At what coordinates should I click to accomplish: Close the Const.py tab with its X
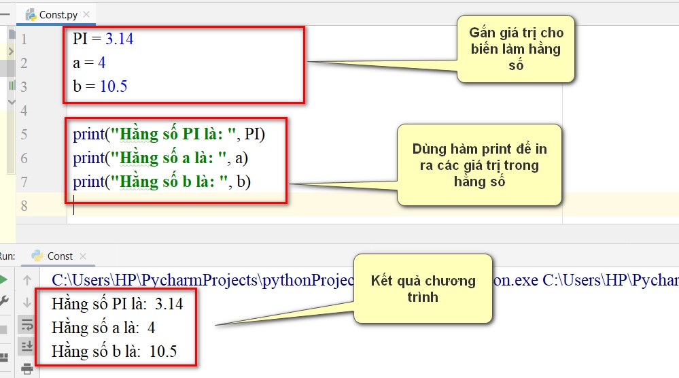[x=86, y=14]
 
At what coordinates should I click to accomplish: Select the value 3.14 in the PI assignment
[x=120, y=39]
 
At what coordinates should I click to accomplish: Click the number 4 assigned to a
[x=102, y=63]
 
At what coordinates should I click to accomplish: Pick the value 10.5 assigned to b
[x=114, y=86]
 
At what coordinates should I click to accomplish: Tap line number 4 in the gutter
[x=24, y=110]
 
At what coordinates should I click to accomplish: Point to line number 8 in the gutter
[x=24, y=206]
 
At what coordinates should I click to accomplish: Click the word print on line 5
[x=89, y=135]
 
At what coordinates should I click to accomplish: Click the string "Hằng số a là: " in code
[x=169, y=158]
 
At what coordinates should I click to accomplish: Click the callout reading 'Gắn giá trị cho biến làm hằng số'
[x=516, y=49]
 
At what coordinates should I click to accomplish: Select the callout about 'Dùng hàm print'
[x=479, y=165]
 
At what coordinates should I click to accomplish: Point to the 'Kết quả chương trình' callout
[x=423, y=289]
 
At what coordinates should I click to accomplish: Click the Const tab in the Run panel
[x=60, y=256]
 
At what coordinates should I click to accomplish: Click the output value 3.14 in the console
[x=169, y=304]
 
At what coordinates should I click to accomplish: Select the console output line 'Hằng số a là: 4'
[x=103, y=328]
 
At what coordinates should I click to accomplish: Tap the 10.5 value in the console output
[x=163, y=351]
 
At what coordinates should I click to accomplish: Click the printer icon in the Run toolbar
[x=27, y=368]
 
